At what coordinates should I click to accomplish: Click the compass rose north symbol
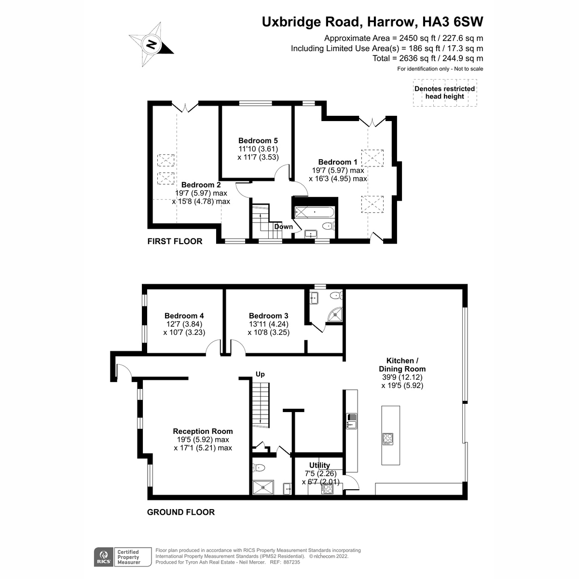point(152,44)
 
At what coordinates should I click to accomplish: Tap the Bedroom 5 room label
point(258,140)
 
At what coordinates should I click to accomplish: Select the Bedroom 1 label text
point(338,162)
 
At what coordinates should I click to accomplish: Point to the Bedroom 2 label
point(201,185)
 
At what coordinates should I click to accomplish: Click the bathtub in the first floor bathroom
point(314,212)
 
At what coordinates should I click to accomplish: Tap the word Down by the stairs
point(283,227)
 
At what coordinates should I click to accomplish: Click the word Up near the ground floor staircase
point(260,374)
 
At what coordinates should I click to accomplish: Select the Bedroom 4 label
point(184,316)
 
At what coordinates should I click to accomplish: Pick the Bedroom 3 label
point(268,316)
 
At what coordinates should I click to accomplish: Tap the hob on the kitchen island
point(387,439)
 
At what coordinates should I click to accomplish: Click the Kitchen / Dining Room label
point(402,365)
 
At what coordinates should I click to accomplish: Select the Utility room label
point(319,466)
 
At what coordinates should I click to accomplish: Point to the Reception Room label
point(203,431)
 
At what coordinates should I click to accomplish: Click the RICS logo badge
point(104,557)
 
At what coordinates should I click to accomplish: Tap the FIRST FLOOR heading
point(175,241)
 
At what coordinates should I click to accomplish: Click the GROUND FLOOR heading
point(181,512)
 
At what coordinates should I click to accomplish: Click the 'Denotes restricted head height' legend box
point(445,93)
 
